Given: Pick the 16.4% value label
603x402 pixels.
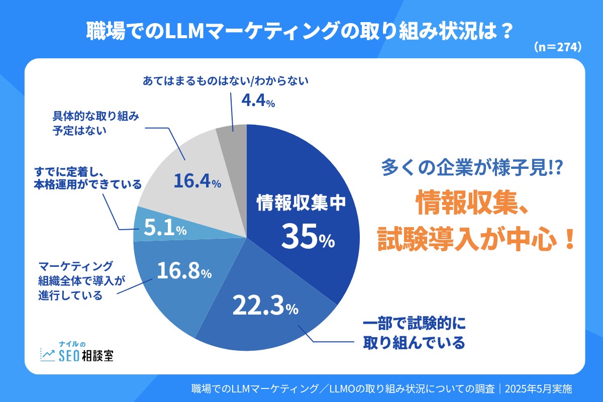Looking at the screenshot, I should pyautogui.click(x=197, y=181).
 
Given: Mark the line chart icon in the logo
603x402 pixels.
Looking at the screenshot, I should pyautogui.click(x=48, y=355).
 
